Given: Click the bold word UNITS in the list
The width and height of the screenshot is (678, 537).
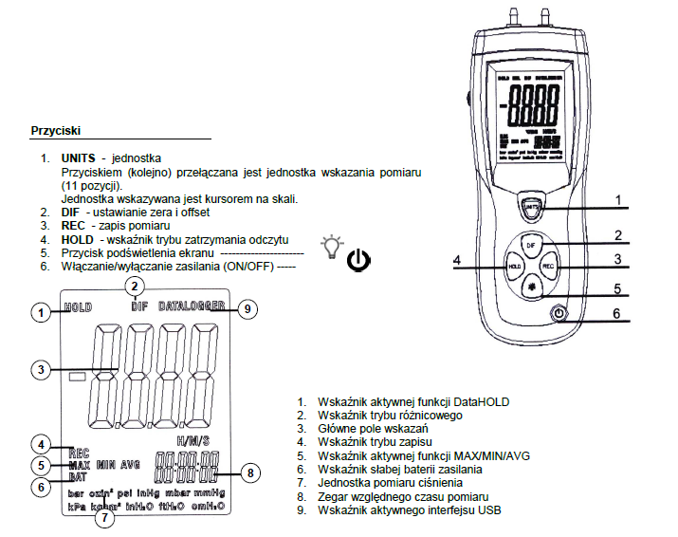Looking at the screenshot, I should (79, 157).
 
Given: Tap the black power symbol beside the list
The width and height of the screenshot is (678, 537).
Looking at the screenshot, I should (359, 260).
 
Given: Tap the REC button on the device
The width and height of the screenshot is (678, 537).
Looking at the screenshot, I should (548, 268).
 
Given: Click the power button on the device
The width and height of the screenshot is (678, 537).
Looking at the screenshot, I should (559, 312).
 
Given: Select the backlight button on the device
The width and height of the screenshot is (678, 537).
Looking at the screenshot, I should (532, 286).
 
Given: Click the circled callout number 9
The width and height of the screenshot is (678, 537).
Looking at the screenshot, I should (247, 308).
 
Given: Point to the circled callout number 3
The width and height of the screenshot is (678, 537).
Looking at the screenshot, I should (40, 369).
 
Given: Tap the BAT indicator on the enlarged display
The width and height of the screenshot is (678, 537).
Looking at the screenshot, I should (78, 477).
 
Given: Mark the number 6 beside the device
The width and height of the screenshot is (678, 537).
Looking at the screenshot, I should (616, 312).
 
